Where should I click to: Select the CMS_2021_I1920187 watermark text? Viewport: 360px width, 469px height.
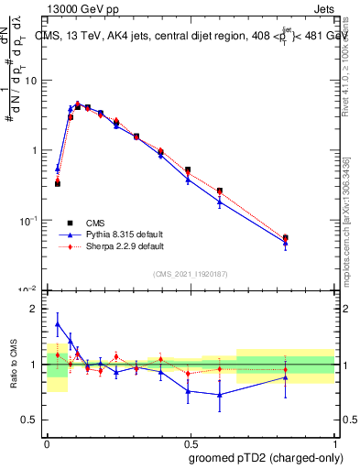[x=190, y=274]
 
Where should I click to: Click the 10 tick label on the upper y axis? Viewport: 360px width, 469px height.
[x=31, y=81]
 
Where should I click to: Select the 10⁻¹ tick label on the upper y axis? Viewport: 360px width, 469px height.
[x=29, y=220]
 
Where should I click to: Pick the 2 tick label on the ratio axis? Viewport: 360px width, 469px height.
[x=36, y=309]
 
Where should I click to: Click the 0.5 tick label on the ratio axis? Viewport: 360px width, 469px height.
[x=31, y=420]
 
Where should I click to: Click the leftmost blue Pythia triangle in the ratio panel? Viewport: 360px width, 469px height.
[x=58, y=324]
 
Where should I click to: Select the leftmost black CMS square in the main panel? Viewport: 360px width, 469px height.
[x=58, y=184]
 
